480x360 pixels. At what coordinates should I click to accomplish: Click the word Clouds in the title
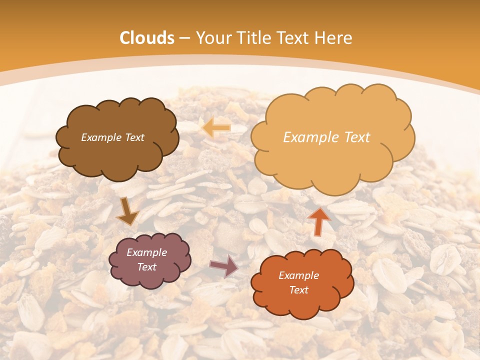(147, 38)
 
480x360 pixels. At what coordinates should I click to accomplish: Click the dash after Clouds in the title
(185, 38)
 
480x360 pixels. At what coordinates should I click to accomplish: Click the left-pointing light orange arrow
(216, 127)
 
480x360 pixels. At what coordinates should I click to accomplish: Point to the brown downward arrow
(127, 211)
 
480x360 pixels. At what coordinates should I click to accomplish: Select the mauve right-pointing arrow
(224, 266)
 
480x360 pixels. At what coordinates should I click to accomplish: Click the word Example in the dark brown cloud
(101, 137)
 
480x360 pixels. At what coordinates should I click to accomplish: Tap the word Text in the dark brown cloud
(134, 137)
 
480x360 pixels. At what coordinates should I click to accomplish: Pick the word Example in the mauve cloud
(147, 252)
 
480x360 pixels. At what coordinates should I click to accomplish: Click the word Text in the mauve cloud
(147, 267)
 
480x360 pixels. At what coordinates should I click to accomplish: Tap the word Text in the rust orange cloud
(298, 290)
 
